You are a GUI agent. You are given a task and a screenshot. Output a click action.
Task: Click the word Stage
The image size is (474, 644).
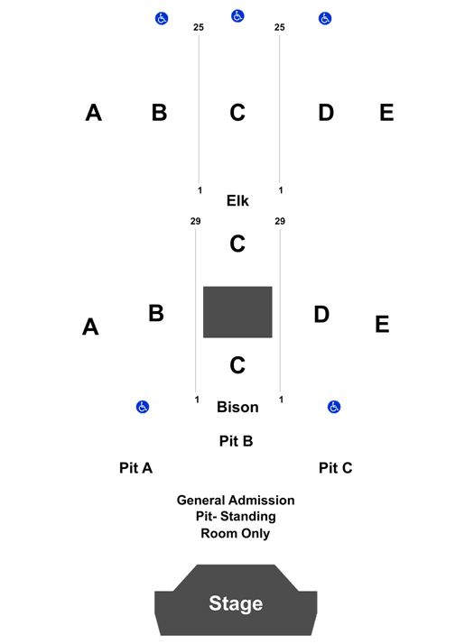coord(236,603)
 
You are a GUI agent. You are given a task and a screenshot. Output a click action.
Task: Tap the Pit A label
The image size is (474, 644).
coord(135,468)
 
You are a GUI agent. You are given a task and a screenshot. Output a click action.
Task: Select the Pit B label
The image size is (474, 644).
coord(236,441)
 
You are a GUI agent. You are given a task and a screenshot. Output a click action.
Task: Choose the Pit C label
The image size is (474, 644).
coord(336,468)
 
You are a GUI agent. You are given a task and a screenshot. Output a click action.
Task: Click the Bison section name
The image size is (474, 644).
coord(237,407)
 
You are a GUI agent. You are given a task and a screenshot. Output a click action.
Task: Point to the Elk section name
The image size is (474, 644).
coord(237,201)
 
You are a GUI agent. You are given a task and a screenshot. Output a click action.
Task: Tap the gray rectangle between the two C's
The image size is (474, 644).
coord(237,312)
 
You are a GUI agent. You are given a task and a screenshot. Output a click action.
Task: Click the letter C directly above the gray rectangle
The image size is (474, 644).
coord(237,244)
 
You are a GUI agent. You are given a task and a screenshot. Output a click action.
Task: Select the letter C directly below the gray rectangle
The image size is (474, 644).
coord(237,364)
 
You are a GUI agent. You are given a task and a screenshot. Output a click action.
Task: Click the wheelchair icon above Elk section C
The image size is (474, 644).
coord(237,16)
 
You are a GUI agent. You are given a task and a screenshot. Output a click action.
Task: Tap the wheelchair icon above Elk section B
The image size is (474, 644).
coord(162,18)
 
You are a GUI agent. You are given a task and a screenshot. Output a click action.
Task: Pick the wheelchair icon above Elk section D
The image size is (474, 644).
coord(325,18)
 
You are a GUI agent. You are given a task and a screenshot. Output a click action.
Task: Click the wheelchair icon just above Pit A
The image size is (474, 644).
coord(143,407)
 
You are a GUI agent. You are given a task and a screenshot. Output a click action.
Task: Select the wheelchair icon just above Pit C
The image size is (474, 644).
coord(334,407)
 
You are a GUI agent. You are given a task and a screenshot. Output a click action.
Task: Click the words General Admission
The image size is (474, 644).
coord(236,501)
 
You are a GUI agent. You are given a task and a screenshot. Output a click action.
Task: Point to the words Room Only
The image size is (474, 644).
coord(236,534)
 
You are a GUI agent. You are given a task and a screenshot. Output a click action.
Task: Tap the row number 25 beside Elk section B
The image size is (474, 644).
coord(199,27)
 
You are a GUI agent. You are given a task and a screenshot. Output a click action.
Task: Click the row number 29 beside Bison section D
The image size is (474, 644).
coord(280,221)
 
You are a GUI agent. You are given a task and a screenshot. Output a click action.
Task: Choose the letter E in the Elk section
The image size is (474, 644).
coord(386,113)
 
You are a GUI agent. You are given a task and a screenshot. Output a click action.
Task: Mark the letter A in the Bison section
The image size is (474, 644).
coord(90,327)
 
